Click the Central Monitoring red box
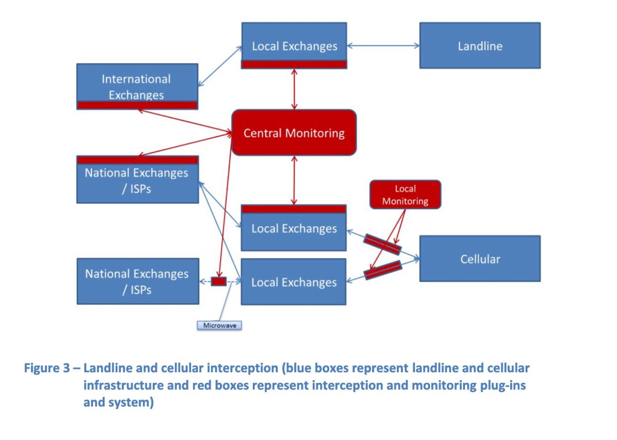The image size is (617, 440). (x=294, y=133)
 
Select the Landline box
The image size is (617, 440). (x=479, y=46)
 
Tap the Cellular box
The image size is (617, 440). (x=479, y=259)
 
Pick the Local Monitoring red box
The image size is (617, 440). (x=405, y=195)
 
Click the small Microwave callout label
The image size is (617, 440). (x=219, y=326)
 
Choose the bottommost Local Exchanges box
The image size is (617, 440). (x=294, y=282)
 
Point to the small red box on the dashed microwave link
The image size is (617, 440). (x=218, y=281)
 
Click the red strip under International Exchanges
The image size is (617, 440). (x=137, y=105)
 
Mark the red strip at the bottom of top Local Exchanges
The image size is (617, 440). (x=294, y=65)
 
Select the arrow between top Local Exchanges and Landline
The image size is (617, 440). (x=383, y=46)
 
